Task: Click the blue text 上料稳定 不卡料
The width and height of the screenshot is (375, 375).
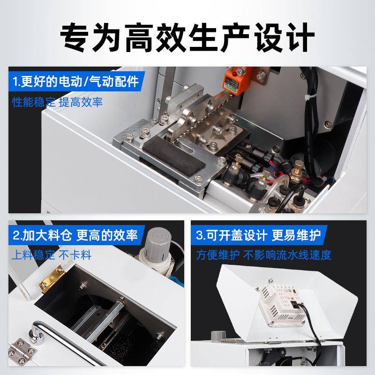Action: pyautogui.click(x=52, y=255)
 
